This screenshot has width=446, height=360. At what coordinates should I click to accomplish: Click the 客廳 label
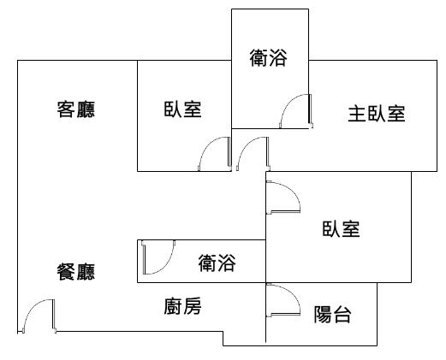(x=76, y=109)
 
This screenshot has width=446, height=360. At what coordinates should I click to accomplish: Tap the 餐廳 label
(x=76, y=272)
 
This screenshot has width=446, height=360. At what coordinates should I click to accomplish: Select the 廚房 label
(x=182, y=306)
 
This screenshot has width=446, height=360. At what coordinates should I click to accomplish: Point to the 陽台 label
(x=332, y=315)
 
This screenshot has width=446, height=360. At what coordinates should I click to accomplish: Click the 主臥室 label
(x=377, y=114)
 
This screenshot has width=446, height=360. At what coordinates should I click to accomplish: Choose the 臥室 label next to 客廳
(x=182, y=109)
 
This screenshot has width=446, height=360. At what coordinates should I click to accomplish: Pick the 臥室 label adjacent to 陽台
(x=341, y=229)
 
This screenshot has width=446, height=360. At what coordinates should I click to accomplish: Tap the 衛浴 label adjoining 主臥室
(x=269, y=58)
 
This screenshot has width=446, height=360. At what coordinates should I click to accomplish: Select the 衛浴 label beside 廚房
(x=217, y=263)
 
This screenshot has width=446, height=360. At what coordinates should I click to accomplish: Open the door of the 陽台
(x=283, y=300)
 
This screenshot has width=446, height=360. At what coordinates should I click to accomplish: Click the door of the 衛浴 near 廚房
(x=158, y=257)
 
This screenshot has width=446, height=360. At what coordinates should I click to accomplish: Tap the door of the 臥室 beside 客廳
(x=215, y=154)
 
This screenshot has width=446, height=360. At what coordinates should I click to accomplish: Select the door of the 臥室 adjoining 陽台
(x=283, y=198)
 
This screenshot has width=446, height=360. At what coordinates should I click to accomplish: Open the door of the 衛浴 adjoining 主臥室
(x=296, y=111)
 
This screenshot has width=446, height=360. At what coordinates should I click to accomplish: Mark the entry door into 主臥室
(x=253, y=154)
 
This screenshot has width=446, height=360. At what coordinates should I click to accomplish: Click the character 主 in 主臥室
(x=357, y=114)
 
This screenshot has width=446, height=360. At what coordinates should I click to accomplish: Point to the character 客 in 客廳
(x=66, y=109)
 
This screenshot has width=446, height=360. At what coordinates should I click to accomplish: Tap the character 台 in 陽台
(x=342, y=315)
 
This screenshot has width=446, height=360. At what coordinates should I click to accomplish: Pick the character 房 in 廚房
(x=193, y=306)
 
